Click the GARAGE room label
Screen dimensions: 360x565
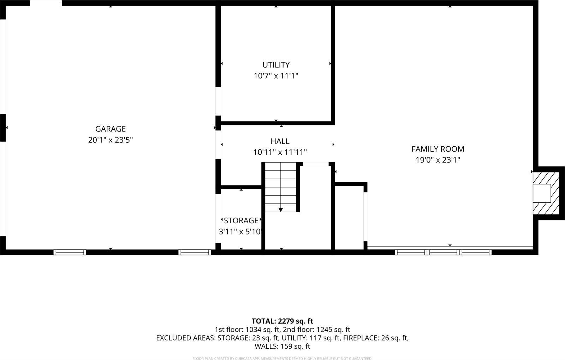pos(110,129)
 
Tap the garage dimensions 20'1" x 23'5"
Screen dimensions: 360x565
pos(110,140)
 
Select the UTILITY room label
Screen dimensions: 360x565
pos(276,65)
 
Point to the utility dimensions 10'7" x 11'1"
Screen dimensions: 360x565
pos(276,76)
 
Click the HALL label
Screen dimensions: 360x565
pos(280,141)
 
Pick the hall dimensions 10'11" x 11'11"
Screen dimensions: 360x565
pos(280,153)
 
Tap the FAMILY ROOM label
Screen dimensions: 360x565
pos(438,149)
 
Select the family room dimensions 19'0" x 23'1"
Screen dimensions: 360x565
pos(438,160)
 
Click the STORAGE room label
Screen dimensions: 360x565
pos(241,221)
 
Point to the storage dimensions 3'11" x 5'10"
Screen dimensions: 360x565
pos(240,232)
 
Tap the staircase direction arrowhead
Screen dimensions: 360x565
pos(280,210)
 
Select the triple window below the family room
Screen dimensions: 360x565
pos(443,252)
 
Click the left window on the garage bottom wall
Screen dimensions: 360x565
pos(70,252)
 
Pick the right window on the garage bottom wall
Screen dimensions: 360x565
pos(195,252)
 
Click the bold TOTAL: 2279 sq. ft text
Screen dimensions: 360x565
pos(282,321)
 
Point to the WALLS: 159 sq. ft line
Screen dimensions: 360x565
pos(282,346)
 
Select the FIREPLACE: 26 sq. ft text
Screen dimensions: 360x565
pos(376,338)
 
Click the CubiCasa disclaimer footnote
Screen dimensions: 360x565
pos(282,358)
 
